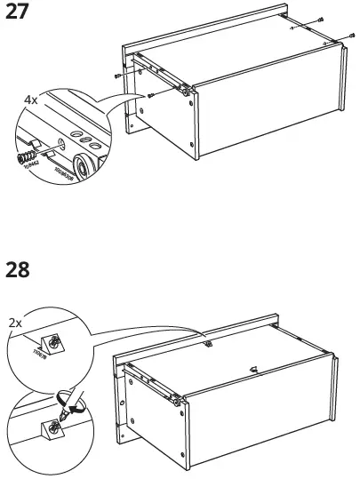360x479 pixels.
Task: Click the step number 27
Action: [20, 15]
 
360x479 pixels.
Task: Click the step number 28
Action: [20, 269]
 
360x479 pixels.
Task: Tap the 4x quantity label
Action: [31, 101]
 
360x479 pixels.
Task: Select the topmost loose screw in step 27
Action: [321, 20]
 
